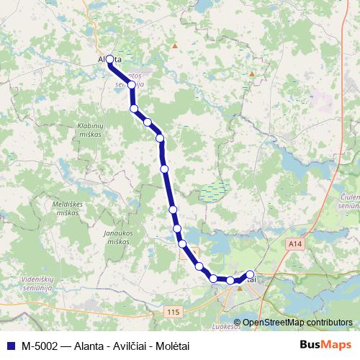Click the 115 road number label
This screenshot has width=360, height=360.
171,311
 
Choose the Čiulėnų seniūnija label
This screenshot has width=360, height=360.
348,201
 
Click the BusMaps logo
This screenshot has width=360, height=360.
328,344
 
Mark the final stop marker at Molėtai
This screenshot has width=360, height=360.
250,274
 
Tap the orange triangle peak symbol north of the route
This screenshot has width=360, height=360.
174,45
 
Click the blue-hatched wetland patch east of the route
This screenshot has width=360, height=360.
212,192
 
